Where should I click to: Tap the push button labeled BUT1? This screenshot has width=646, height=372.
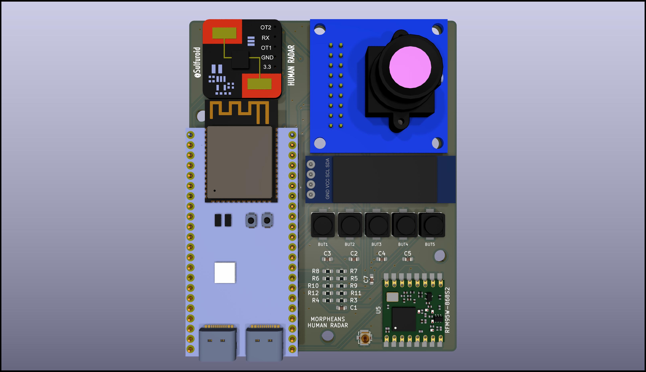pyautogui.click(x=323, y=225)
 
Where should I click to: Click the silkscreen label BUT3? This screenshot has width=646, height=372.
pyautogui.click(x=376, y=244)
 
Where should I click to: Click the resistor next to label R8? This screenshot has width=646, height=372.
pyautogui.click(x=328, y=271)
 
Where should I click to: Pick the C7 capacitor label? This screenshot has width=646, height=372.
pyautogui.click(x=366, y=279)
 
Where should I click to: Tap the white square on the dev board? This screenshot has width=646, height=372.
pyautogui.click(x=225, y=273)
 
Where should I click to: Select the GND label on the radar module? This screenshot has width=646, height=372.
pyautogui.click(x=267, y=57)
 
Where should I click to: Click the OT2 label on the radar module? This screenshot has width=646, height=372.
pyautogui.click(x=266, y=27)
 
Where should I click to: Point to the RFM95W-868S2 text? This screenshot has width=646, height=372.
pyautogui.click(x=447, y=310)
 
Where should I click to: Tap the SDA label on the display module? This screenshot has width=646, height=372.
pyautogui.click(x=328, y=163)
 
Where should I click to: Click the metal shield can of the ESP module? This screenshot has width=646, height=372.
pyautogui.click(x=239, y=162)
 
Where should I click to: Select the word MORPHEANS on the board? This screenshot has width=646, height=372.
pyautogui.click(x=328, y=319)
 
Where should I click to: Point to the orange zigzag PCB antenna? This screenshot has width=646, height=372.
pyautogui.click(x=239, y=112)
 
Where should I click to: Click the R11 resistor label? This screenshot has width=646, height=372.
pyautogui.click(x=356, y=293)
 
